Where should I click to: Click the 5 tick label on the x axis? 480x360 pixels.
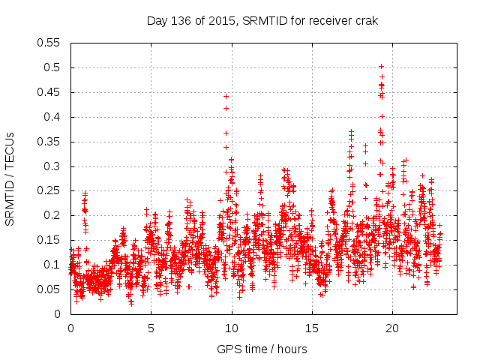(151, 328)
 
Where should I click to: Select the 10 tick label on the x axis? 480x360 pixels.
(232, 328)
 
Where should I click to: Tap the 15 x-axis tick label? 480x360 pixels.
(312, 328)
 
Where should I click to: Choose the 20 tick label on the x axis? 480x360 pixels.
(392, 328)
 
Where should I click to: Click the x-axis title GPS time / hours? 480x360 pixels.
(261, 349)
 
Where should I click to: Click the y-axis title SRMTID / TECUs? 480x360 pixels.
(10, 178)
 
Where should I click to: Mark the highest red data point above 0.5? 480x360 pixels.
(381, 66)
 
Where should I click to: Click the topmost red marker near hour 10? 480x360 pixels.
(226, 96)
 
